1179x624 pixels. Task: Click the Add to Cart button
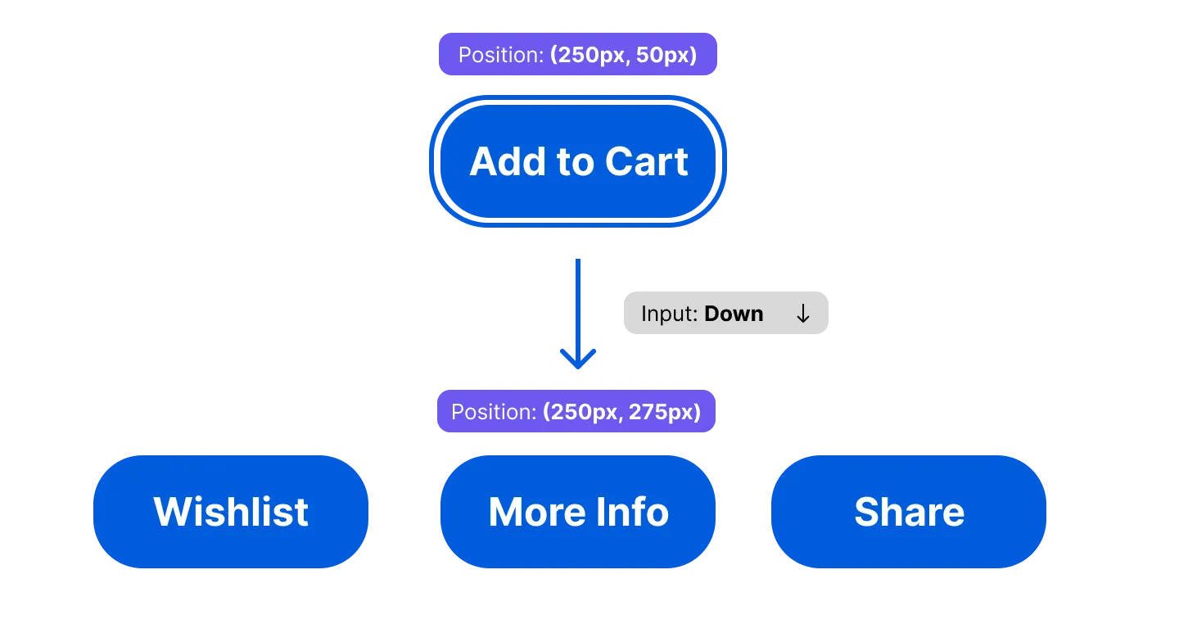pos(577,161)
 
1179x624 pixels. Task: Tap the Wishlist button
pos(231,512)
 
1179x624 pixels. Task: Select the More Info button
pos(578,512)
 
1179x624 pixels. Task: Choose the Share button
pos(909,512)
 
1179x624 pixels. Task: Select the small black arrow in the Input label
pos(803,314)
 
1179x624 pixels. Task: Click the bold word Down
pos(734,314)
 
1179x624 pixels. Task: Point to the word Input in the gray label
pos(667,314)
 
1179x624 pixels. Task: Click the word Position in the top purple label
pos(499,56)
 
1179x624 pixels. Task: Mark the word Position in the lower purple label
pos(492,411)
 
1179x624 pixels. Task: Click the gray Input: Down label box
pos(726,313)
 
